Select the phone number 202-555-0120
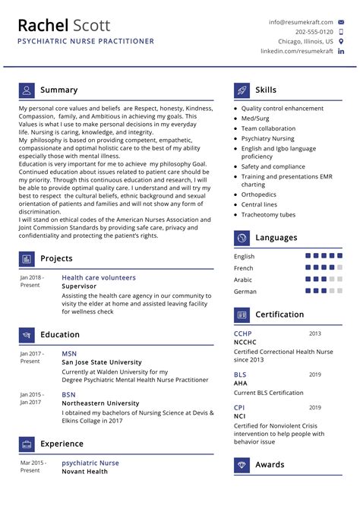[x=314, y=32]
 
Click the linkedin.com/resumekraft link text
[x=297, y=51]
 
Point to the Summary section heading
[x=58, y=90]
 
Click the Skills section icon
[x=242, y=90]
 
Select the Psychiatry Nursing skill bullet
[x=267, y=138]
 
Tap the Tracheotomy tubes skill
[x=268, y=215]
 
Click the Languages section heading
[x=276, y=238]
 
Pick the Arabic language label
[x=244, y=280]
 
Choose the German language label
[x=245, y=291]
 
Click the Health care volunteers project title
[x=99, y=278]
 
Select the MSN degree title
[x=69, y=354]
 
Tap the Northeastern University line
[x=100, y=403]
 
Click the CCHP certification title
[x=243, y=334]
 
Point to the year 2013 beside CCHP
[x=314, y=334]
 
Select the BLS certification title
[x=240, y=375]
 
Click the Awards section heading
[x=270, y=464]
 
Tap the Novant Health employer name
[x=84, y=472]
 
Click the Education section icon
[x=27, y=335]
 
